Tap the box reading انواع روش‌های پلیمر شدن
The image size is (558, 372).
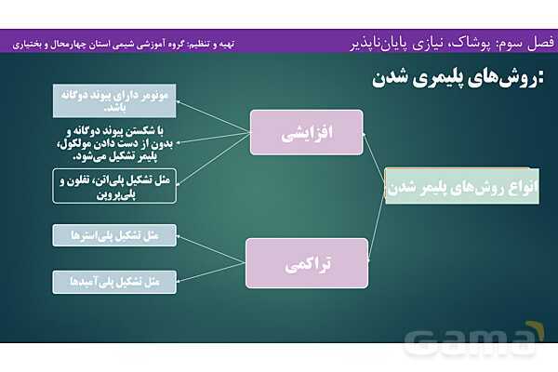[444, 185]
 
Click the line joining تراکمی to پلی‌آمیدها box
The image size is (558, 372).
[211, 271]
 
